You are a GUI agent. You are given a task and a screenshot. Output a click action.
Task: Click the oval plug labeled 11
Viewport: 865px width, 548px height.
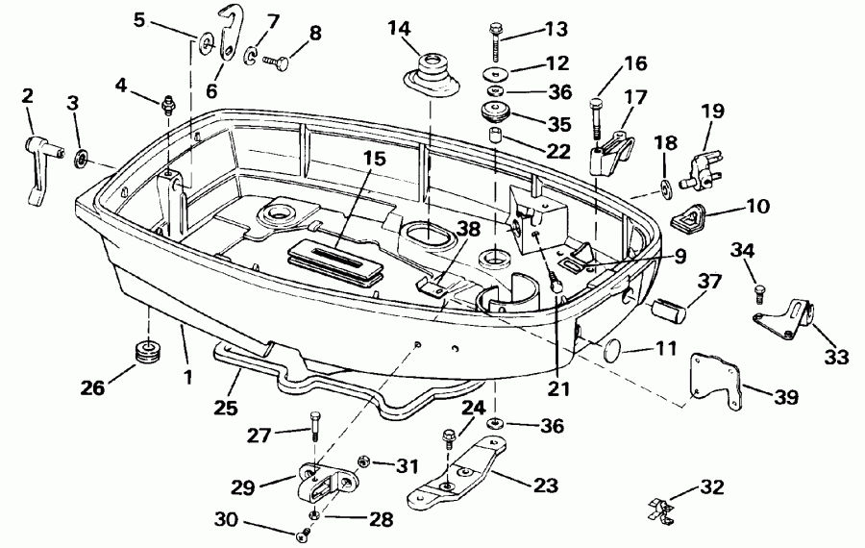(612, 358)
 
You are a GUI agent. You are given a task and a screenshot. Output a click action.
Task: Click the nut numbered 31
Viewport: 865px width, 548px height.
(366, 463)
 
